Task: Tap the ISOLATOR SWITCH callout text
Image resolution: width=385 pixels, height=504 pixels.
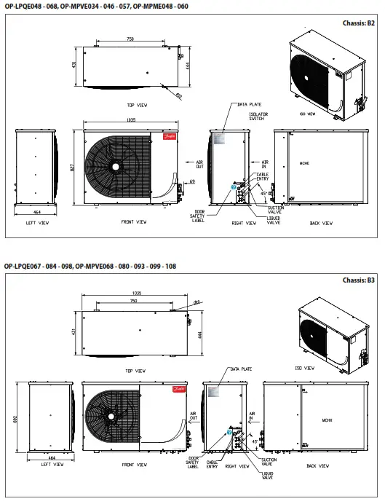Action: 257,116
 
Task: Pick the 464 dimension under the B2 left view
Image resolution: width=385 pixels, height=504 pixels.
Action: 36,210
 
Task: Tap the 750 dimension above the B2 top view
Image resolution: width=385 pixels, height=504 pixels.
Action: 129,39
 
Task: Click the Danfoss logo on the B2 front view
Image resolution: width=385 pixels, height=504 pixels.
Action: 178,136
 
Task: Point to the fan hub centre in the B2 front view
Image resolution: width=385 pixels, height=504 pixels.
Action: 114,166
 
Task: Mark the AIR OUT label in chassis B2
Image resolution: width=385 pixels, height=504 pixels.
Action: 199,165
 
